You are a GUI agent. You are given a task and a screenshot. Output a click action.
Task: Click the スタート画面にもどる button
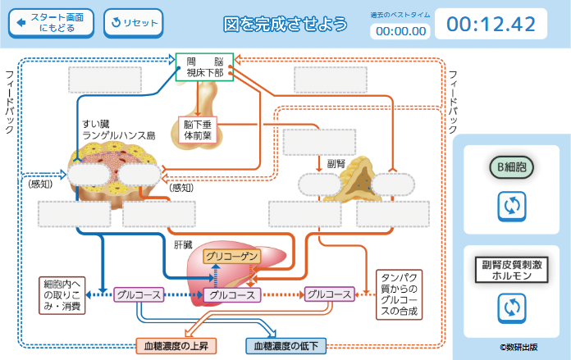[x=51, y=22]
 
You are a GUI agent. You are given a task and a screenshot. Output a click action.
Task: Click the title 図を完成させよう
[x=285, y=24]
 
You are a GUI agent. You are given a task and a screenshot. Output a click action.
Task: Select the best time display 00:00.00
[x=400, y=31]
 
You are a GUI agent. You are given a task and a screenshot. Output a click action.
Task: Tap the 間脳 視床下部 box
[x=205, y=67]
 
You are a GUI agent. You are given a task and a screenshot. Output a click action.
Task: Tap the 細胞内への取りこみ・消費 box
[x=62, y=295]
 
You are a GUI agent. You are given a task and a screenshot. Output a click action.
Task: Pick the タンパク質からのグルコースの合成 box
[x=400, y=294]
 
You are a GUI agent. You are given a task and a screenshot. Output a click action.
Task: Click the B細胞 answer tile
[x=511, y=168]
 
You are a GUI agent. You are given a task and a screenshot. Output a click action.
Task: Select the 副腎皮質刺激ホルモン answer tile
[x=511, y=271]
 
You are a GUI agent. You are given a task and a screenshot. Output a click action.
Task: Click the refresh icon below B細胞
[x=511, y=206]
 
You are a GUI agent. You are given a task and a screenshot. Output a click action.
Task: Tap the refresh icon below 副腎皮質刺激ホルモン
[x=511, y=308]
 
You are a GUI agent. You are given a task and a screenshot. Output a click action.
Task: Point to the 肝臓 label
[x=182, y=244]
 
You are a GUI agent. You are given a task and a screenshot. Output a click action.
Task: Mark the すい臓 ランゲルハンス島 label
[x=117, y=130]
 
